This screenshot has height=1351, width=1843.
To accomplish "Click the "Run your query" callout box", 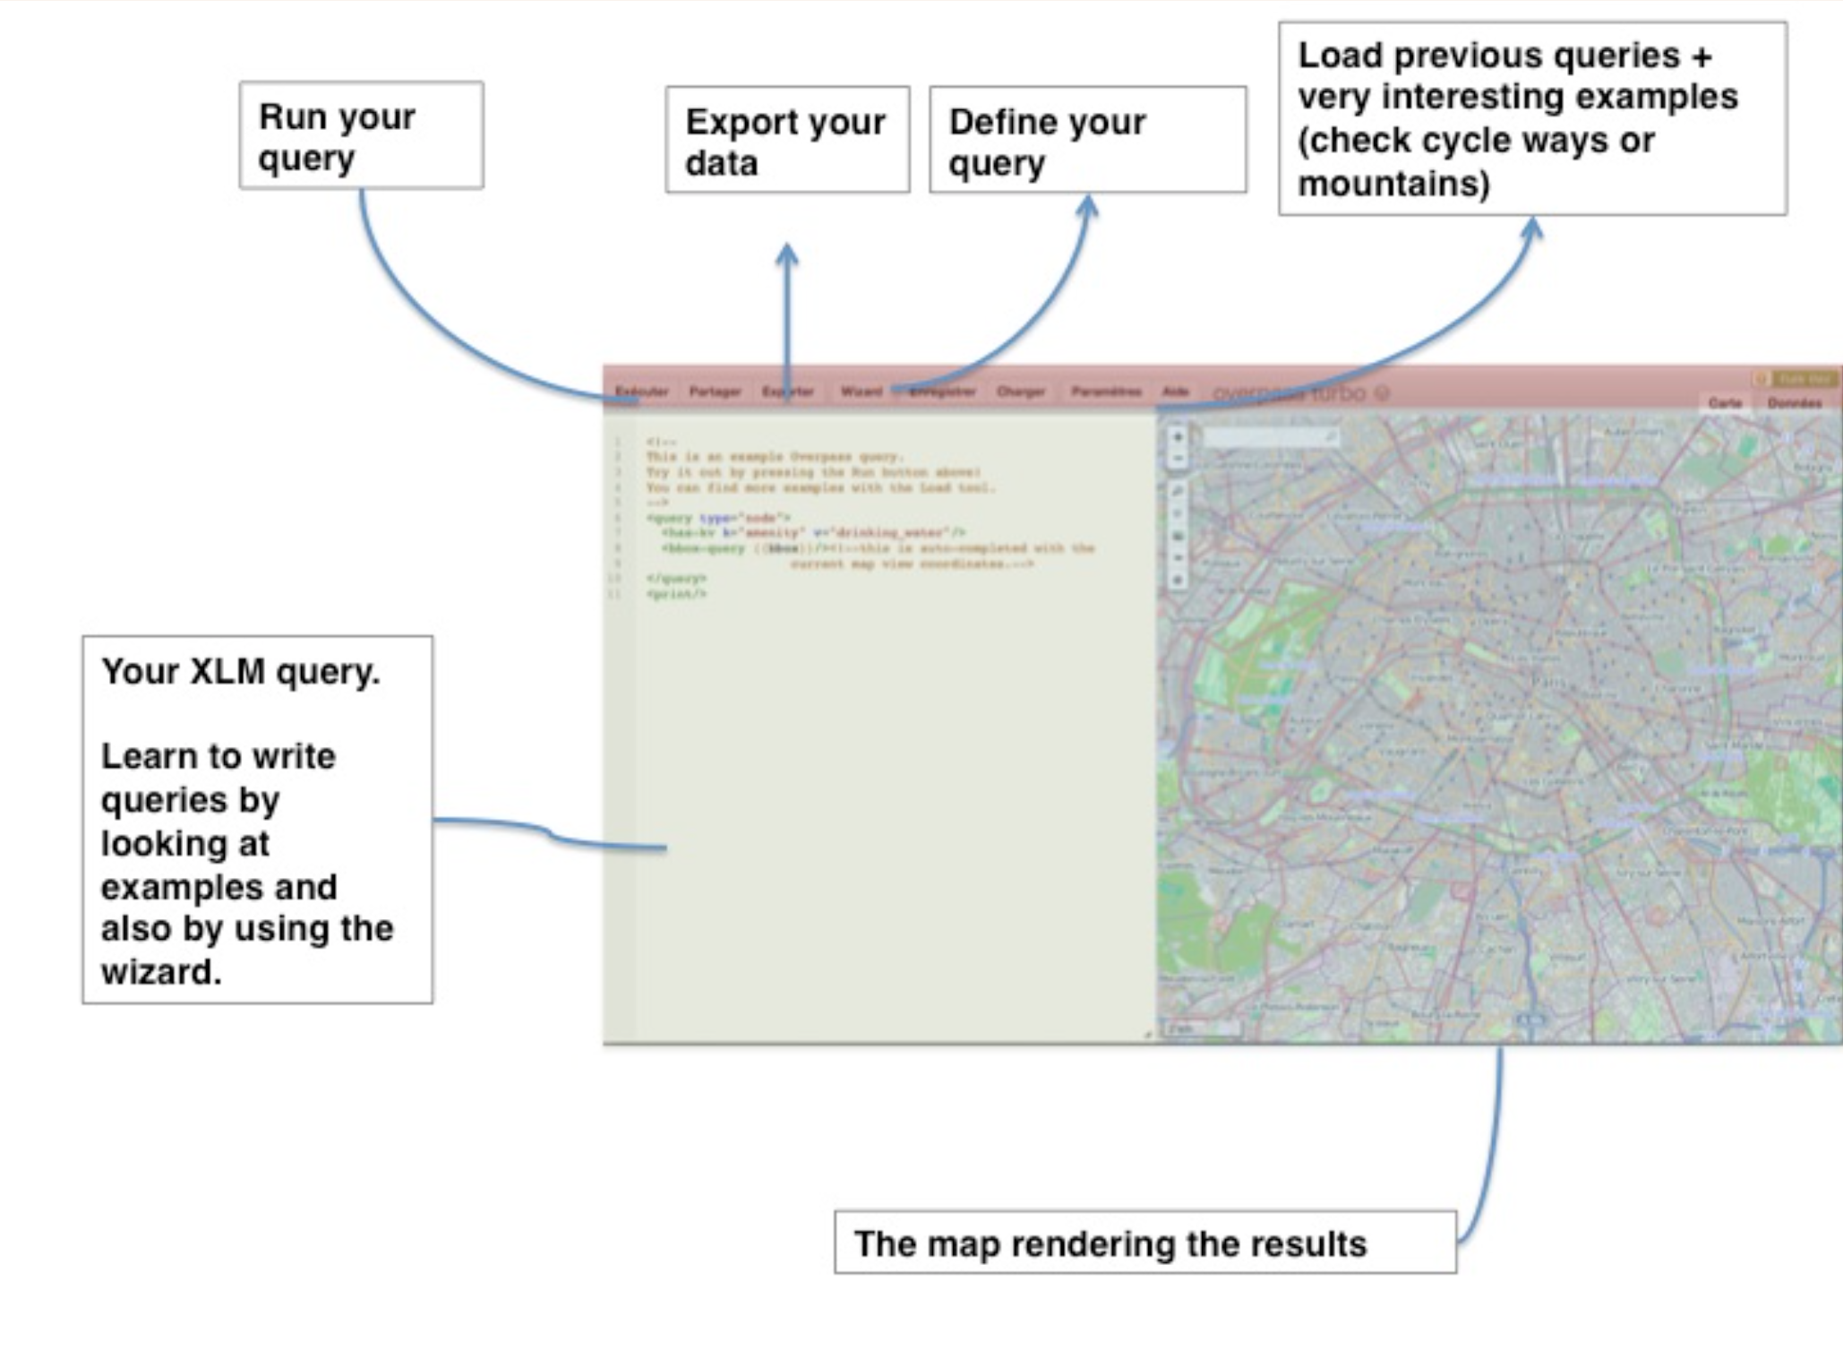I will click(361, 135).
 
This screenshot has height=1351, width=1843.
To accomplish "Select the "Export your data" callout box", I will click(787, 140).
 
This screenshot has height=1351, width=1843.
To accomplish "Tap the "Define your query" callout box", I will click(1087, 140).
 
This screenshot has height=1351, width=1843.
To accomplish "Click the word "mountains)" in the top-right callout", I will click(1393, 184).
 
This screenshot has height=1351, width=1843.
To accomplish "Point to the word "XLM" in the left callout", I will click(227, 671).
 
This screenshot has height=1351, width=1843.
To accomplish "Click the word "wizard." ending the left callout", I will click(161, 972).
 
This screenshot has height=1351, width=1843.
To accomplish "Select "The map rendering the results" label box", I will click(1144, 1243).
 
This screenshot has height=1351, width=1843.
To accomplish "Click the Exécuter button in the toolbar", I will click(642, 392).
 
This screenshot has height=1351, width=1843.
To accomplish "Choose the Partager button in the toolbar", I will click(715, 392).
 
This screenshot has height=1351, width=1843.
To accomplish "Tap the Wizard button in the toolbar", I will click(861, 392).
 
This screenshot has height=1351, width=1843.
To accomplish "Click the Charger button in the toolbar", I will click(1021, 392).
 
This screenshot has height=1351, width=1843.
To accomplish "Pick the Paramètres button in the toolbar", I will click(1106, 392).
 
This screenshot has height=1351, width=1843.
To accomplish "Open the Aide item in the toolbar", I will click(1175, 392).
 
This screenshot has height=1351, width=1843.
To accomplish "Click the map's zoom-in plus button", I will click(1178, 437).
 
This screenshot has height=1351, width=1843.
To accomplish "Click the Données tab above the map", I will click(1795, 403).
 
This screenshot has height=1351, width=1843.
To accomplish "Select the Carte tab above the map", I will click(1725, 403).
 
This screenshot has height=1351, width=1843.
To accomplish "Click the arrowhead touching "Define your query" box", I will click(1087, 206).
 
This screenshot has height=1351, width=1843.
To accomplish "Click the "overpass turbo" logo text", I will click(1290, 393).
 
